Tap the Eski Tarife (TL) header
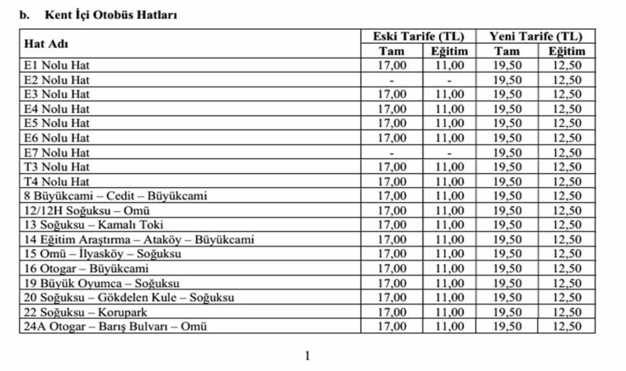[419, 36]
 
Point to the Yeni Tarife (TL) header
[535, 36]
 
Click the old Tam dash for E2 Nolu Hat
[392, 80]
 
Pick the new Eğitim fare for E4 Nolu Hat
[567, 109]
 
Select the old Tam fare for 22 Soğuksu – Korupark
[392, 312]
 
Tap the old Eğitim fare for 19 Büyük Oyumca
[450, 284]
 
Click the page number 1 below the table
[307, 356]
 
